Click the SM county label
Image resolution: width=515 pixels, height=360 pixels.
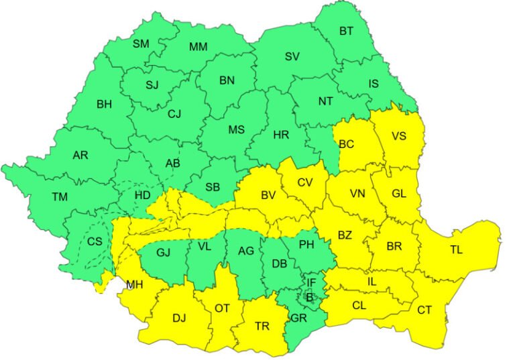[141, 44]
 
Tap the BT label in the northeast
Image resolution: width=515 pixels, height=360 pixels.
[346, 31]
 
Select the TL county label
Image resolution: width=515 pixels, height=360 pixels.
[457, 249]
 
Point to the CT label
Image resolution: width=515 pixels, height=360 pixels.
[424, 310]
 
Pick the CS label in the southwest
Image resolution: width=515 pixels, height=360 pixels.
[95, 241]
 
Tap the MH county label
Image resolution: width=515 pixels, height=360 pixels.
[134, 285]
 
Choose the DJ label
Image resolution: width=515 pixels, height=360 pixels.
[179, 318]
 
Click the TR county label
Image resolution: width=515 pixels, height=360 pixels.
[262, 326]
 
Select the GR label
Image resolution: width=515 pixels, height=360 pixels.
[299, 319]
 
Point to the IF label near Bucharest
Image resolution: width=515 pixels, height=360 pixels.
[310, 283]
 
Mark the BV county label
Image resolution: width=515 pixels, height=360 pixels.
[268, 196]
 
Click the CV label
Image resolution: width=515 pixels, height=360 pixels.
[304, 182]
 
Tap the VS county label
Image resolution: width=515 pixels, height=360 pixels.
[399, 136]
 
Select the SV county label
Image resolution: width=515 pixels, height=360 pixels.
[292, 56]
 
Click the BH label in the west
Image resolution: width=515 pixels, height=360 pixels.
[105, 104]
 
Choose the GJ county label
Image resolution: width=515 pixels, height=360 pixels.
[163, 253]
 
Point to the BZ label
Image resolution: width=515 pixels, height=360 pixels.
[345, 235]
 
